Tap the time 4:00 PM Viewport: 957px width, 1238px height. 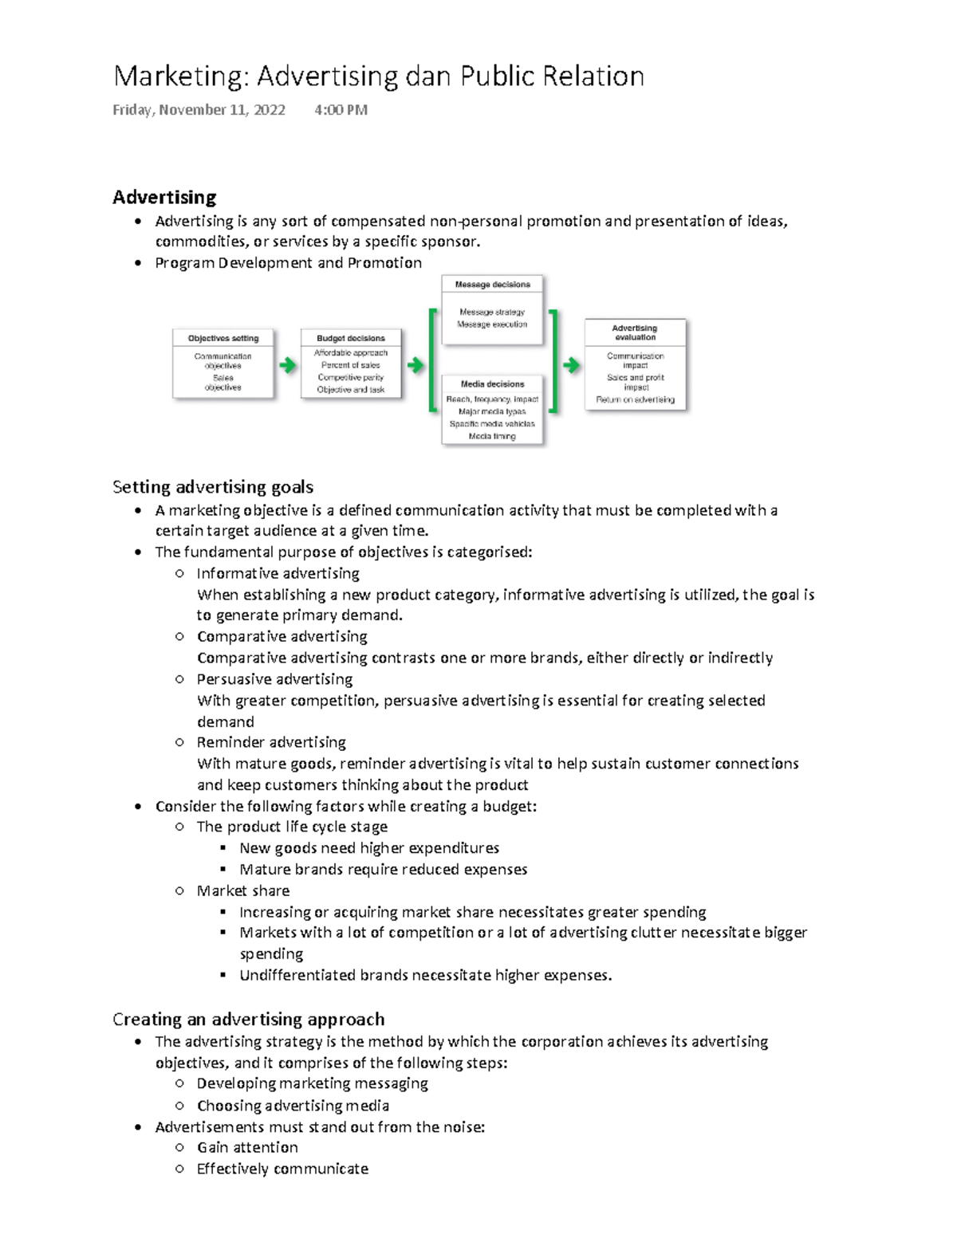341,110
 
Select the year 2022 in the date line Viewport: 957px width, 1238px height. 269,110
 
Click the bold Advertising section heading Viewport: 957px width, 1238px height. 164,197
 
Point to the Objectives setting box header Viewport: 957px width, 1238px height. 223,338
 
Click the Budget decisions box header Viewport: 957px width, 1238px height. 351,338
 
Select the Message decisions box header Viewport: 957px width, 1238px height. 492,285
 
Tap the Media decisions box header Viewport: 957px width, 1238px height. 492,384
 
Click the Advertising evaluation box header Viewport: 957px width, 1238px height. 635,332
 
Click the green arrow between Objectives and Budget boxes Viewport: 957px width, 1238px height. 288,366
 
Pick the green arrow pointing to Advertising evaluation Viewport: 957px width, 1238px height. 572,366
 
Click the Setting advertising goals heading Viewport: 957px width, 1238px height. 213,487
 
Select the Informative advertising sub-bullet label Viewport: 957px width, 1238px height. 278,573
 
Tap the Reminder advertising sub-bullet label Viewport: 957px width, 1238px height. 271,742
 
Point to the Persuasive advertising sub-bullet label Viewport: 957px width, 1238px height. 274,679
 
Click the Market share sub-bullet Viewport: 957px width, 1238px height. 243,890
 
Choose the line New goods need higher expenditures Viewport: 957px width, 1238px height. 369,848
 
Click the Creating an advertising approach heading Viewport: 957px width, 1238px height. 248,1020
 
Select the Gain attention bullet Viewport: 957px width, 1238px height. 247,1148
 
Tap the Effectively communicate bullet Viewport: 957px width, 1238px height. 282,1169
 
